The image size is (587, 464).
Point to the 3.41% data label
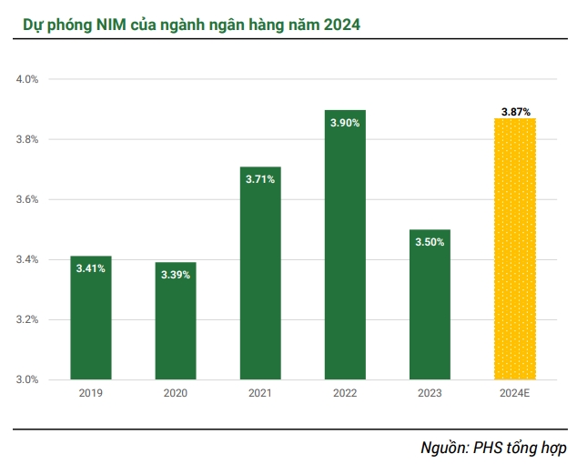(x=91, y=268)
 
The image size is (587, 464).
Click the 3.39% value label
(x=176, y=274)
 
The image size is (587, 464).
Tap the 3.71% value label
(x=260, y=179)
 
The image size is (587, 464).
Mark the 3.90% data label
(x=345, y=122)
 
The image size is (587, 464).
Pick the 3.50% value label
(x=430, y=242)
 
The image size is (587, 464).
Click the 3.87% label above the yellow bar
(x=515, y=111)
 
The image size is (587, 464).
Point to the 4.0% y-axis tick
(x=27, y=79)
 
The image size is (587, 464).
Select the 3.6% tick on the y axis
(x=27, y=199)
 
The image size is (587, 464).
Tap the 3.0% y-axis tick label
(x=27, y=379)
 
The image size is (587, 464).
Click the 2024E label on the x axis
(x=515, y=393)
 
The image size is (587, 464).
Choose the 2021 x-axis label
(x=260, y=393)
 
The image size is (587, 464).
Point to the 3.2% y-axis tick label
(x=27, y=319)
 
